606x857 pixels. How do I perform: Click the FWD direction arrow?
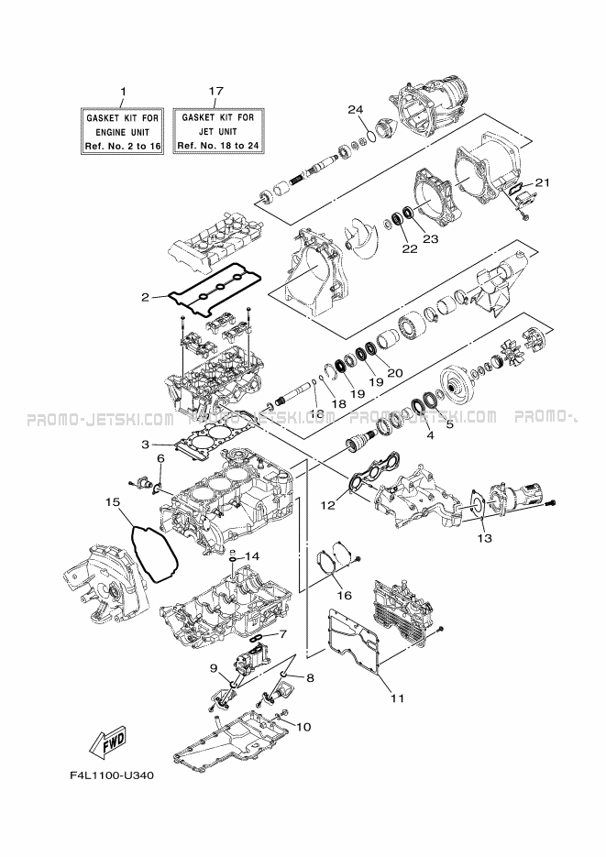click(x=107, y=742)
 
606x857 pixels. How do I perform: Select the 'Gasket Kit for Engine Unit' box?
click(x=123, y=132)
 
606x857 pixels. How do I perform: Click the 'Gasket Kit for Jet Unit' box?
click(x=217, y=131)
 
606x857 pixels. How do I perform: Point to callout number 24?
click(x=356, y=110)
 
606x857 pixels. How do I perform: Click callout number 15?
click(x=114, y=501)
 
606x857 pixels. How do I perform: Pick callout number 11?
click(x=397, y=698)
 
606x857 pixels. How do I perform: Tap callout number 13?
click(x=484, y=538)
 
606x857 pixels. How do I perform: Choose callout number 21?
click(x=542, y=183)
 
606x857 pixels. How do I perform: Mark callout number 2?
click(x=145, y=297)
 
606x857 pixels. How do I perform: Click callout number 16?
click(x=345, y=595)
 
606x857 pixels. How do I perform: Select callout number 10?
click(x=303, y=726)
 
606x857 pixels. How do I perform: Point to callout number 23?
click(x=431, y=238)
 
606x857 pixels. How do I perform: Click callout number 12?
click(x=327, y=506)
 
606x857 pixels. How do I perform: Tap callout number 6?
click(x=160, y=458)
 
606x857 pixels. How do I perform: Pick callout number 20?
click(x=395, y=373)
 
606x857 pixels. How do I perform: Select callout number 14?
click(x=251, y=555)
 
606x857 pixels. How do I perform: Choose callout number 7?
click(x=282, y=634)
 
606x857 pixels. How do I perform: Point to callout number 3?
click(x=145, y=445)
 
